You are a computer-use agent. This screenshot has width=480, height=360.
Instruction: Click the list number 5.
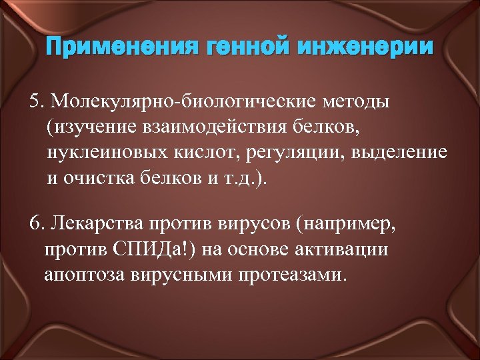coord(37,103)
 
